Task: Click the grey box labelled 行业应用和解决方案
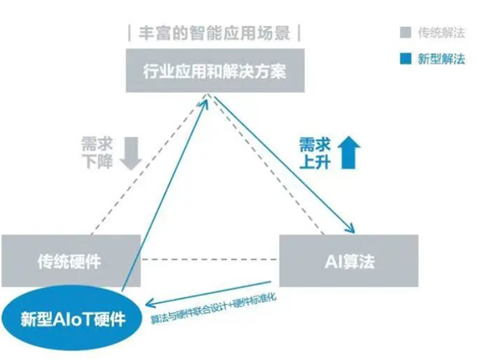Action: tap(215, 70)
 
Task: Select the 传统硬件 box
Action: tap(70, 260)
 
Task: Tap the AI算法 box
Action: tap(349, 260)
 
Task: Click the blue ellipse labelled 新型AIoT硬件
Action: tap(72, 319)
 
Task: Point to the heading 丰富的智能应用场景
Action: tap(214, 33)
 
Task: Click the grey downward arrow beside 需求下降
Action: tap(131, 153)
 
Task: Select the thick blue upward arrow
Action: tap(349, 152)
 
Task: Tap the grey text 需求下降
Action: tap(97, 152)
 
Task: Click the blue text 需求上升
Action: tap(315, 153)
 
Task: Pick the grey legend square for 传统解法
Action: tap(405, 33)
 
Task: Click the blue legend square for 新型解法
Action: tap(405, 59)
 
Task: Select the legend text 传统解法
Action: tap(441, 33)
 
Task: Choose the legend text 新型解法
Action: tap(441, 59)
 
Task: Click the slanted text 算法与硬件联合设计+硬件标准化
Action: tap(213, 309)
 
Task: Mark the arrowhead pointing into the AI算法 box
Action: tap(351, 229)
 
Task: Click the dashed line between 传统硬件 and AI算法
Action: tap(210, 260)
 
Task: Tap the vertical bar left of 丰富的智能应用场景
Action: tap(130, 33)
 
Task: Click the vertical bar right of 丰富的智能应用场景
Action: tap(299, 33)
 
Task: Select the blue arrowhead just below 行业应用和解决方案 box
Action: tap(205, 100)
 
